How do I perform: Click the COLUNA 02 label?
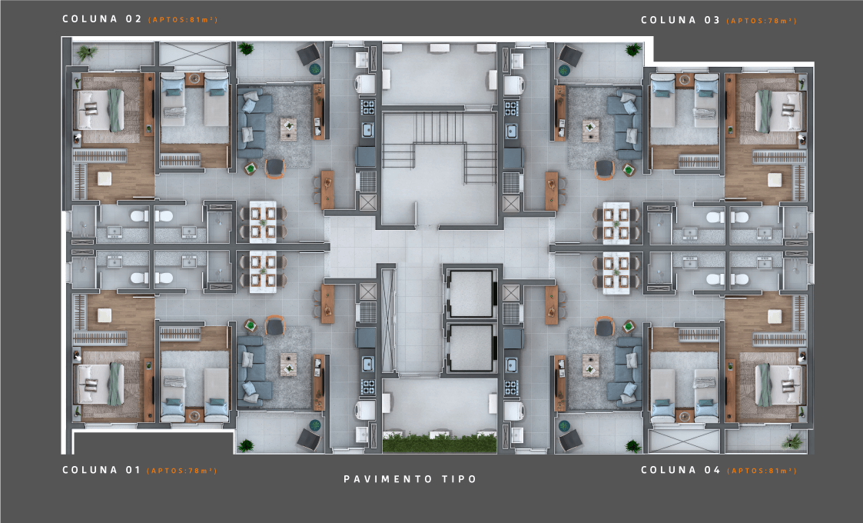101,18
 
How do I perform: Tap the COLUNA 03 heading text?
680,20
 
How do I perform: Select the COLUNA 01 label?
101,469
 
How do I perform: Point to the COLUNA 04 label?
681,469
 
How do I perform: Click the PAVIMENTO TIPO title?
410,479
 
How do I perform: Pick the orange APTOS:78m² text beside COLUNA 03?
762,21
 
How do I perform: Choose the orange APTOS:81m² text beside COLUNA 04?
762,471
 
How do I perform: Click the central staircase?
440,148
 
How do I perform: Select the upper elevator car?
470,293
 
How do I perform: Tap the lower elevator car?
470,347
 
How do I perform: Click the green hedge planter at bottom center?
440,443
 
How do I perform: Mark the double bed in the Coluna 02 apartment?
100,110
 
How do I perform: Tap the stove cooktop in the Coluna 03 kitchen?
512,107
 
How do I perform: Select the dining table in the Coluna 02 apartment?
263,222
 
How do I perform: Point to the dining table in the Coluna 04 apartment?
616,273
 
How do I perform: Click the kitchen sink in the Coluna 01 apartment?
367,364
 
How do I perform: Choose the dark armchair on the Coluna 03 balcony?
571,55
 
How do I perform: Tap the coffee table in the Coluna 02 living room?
288,128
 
